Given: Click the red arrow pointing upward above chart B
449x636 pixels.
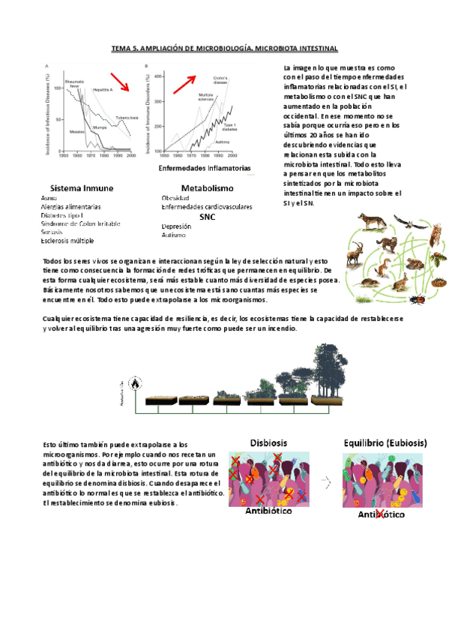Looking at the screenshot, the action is coord(185,82).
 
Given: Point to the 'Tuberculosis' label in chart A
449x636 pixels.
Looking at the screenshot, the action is coord(127,118).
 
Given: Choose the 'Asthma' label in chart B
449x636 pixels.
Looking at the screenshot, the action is coord(223,141).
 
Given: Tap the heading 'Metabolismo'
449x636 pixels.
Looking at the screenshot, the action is coord(208,187).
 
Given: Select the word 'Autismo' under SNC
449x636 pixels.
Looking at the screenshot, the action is coord(173,235).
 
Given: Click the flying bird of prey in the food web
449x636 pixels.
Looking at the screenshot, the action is coord(409,222).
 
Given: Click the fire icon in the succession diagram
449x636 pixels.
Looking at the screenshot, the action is coord(135,383).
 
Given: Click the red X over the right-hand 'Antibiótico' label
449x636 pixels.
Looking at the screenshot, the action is coord(379,514).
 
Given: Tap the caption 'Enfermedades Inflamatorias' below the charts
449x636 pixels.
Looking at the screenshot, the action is coord(205,168).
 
